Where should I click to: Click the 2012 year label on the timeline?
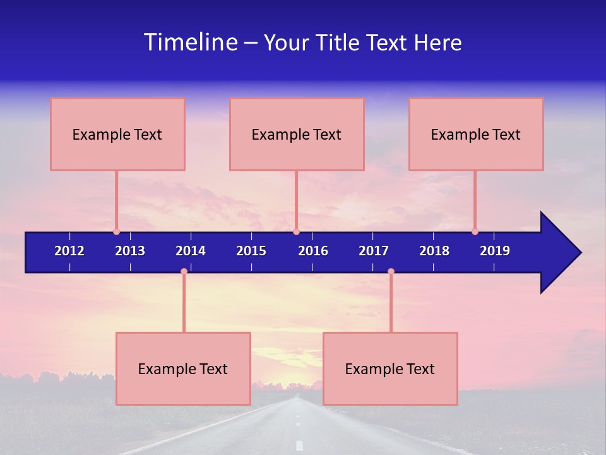tap(69, 251)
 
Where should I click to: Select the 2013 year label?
tap(130, 251)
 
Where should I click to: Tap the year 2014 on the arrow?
tap(191, 251)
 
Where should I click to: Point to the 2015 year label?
tap(251, 251)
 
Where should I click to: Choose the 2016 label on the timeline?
tap(313, 251)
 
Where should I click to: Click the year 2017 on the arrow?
tap(374, 251)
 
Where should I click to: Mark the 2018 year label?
tap(434, 251)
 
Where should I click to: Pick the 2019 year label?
tap(495, 251)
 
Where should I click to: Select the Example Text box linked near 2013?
tap(117, 134)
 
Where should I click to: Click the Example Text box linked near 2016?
tap(297, 134)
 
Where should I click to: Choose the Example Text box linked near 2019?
tap(476, 134)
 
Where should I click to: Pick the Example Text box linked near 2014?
tap(183, 368)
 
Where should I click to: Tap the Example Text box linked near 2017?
tap(390, 368)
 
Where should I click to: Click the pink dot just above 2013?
tap(116, 231)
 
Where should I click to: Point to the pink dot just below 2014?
tap(184, 271)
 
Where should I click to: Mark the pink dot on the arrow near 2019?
tap(475, 231)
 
